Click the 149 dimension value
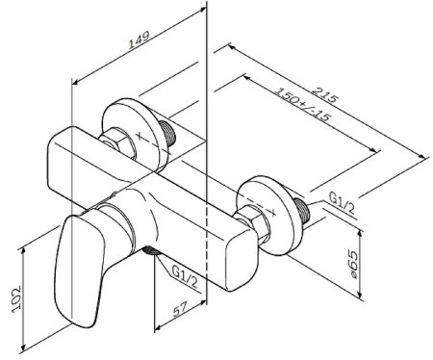[x=139, y=39]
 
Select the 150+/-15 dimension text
[x=302, y=105]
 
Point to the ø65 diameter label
[x=353, y=265]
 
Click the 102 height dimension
[x=16, y=299]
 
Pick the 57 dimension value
[x=180, y=310]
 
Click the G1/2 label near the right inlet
[x=343, y=204]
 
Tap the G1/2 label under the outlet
[x=185, y=275]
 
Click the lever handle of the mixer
[x=80, y=270]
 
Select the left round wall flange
[x=134, y=133]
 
